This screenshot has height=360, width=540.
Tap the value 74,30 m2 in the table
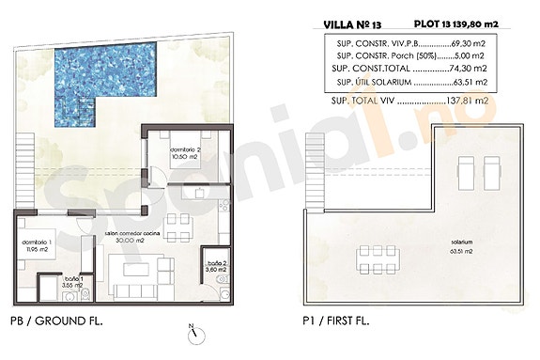468,69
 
